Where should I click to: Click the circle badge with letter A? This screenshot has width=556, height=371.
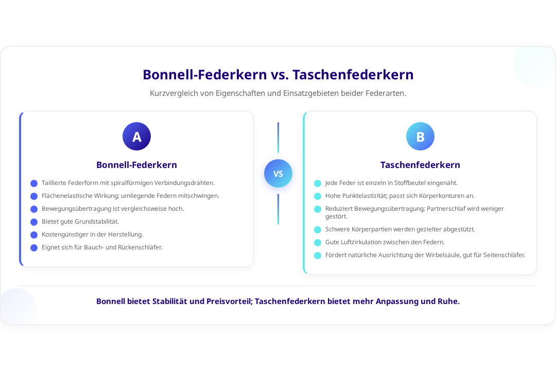[x=136, y=137]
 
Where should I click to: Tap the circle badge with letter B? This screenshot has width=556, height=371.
[x=420, y=137]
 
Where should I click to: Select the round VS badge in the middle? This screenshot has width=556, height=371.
[x=278, y=173]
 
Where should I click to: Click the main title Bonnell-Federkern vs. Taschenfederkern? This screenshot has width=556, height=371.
[x=278, y=75]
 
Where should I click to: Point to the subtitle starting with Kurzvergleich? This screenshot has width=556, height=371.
[x=278, y=93]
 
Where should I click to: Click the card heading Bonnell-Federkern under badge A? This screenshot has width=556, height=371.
[x=136, y=165]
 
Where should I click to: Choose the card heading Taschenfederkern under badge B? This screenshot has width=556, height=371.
[x=420, y=165]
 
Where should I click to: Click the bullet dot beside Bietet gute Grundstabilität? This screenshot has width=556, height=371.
[x=34, y=222]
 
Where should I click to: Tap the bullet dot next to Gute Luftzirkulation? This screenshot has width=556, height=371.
[x=318, y=243]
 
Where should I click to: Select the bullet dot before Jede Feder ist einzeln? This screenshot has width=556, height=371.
[x=318, y=183]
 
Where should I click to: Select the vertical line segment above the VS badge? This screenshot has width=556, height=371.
[x=278, y=138]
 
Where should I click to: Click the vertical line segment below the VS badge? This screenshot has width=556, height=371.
[x=278, y=209]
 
